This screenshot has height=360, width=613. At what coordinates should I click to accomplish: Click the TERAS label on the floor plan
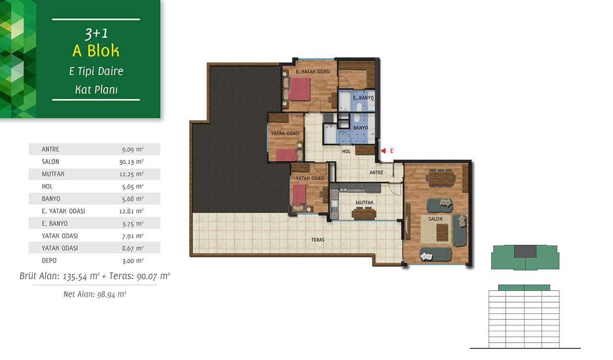[318, 240]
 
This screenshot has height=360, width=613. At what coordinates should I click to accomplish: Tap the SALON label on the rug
[435, 219]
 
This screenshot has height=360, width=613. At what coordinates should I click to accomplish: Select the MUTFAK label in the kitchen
[364, 202]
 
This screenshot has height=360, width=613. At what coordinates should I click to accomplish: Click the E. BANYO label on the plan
[363, 98]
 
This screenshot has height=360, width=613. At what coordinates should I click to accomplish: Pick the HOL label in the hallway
[346, 151]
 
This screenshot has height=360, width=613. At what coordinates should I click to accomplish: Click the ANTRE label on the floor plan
[376, 173]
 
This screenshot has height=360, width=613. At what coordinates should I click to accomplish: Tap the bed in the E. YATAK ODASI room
[299, 89]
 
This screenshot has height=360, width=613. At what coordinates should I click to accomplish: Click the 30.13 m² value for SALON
[131, 162]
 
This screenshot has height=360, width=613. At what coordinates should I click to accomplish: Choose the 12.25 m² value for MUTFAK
[131, 174]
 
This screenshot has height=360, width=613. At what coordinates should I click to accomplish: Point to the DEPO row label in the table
[49, 260]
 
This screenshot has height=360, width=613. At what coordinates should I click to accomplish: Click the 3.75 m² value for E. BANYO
[133, 224]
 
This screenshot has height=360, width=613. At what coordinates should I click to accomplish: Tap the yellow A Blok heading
[96, 51]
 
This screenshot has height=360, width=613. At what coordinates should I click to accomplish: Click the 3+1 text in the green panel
[96, 34]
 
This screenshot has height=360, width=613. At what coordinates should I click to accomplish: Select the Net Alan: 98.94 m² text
[95, 294]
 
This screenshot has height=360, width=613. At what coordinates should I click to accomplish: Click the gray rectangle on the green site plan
[525, 251]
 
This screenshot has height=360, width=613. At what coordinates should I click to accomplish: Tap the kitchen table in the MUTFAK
[364, 214]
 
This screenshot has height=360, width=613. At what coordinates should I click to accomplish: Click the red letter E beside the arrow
[392, 151]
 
